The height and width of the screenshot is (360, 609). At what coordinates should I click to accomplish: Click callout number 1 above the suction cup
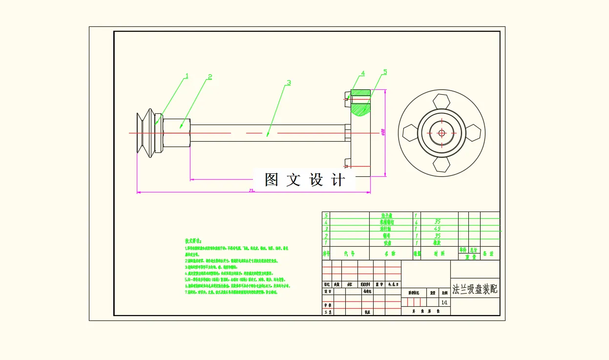186,76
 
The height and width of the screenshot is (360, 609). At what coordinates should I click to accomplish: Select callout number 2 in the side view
210,77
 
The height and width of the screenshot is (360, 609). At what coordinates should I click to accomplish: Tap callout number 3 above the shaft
289,83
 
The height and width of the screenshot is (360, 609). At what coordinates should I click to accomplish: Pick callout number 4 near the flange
363,74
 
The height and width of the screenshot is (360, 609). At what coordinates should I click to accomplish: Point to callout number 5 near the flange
385,72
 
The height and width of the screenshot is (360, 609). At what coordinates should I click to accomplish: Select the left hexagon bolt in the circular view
409,132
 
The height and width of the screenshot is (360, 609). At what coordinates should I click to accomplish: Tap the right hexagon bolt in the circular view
473,132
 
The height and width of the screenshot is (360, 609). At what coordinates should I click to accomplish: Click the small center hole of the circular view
441,132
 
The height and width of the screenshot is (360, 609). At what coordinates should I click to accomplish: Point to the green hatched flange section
360,109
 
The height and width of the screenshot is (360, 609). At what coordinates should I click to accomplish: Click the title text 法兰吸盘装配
475,289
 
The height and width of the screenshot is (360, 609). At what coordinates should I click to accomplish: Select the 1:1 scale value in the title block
444,302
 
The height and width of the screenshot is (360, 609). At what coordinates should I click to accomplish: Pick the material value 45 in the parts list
437,229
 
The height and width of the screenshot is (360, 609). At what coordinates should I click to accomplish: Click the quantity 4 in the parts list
417,222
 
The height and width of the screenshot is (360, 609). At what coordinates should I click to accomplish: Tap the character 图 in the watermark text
272,180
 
